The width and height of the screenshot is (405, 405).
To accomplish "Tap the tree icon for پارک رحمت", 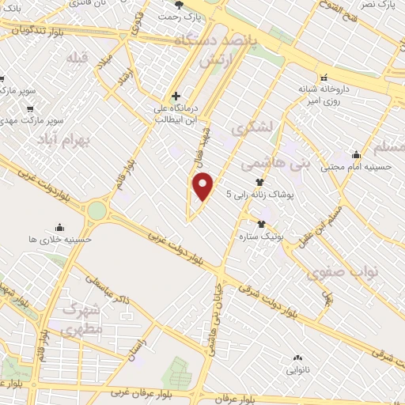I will point(179,4).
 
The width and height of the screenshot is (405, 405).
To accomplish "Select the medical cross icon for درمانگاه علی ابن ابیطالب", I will point(176,96).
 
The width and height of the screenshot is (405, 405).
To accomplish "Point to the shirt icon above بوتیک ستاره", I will point(261,224).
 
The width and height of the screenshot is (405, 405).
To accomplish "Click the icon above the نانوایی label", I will point(293,358).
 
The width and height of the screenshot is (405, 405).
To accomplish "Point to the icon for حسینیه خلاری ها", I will point(60,226).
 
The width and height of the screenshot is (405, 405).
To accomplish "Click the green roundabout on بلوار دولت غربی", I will point(97,210).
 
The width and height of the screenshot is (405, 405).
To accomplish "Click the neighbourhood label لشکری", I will point(259,127).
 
